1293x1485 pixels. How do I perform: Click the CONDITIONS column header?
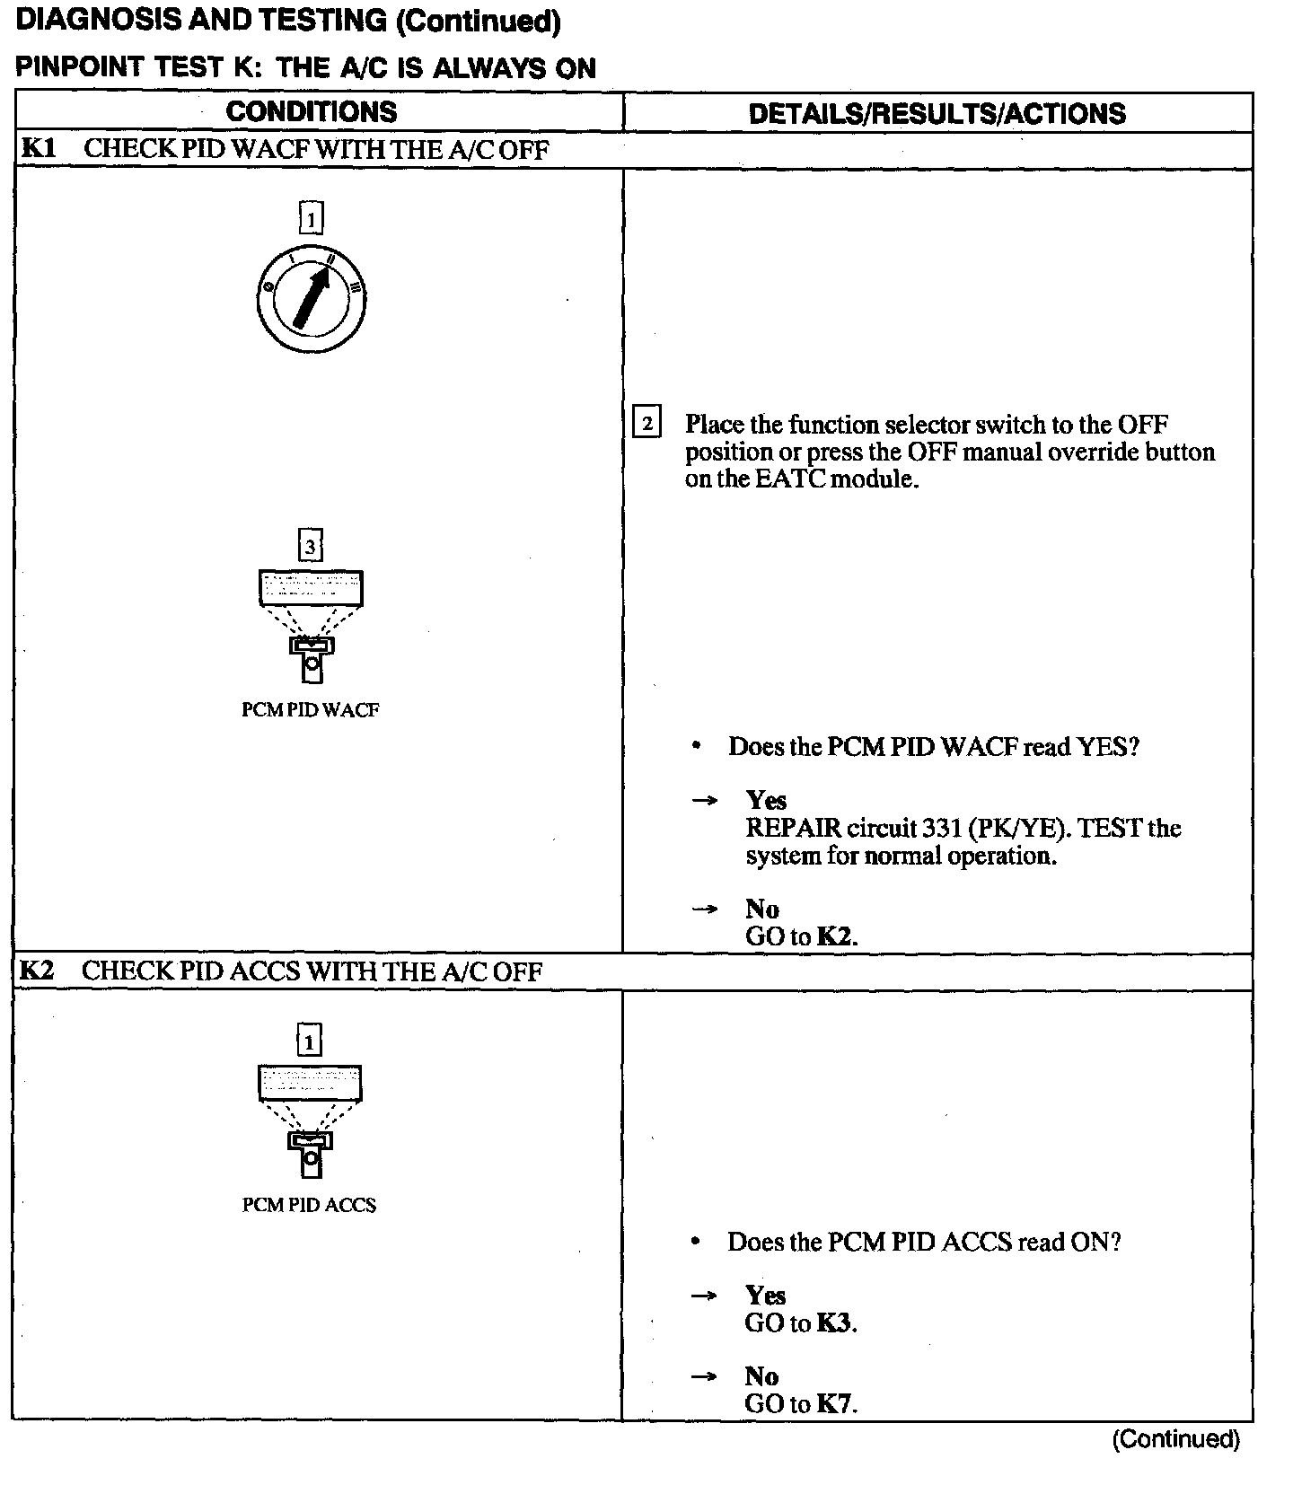coord(311,112)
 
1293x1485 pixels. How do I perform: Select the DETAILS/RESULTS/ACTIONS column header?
coord(937,114)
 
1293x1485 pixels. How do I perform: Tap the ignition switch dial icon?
coord(311,297)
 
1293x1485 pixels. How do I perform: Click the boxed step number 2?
coord(646,423)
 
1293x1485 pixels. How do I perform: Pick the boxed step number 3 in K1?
coord(310,546)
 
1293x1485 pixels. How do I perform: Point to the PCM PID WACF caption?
coord(311,710)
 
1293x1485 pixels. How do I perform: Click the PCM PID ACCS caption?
coord(309,1205)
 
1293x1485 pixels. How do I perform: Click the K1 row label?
coord(38,149)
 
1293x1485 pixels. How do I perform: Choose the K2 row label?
coord(37,971)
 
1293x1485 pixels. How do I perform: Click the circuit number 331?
coord(942,828)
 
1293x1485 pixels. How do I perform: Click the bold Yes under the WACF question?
coord(766,800)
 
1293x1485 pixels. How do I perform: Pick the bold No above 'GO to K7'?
coord(761,1376)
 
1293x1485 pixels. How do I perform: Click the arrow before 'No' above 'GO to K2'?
coord(705,909)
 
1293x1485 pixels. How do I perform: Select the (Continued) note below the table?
coord(1176,1439)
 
